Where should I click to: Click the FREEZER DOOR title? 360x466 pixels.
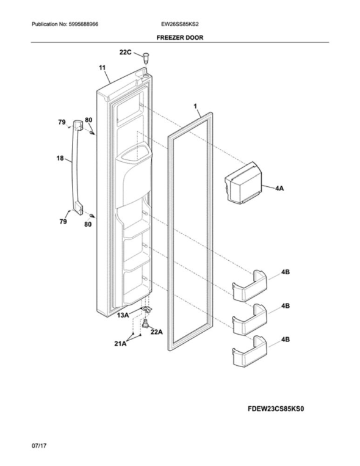point(180,37)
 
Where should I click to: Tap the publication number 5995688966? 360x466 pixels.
point(65,24)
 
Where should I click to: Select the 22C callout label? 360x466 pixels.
point(125,53)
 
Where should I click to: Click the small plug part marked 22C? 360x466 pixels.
point(146,58)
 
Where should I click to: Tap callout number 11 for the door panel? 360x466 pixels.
point(102,68)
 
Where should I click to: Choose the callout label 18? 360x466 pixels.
point(60,158)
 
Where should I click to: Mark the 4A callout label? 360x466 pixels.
point(279,189)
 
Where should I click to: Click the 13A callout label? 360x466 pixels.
point(123,315)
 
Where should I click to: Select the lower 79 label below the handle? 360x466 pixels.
point(63,222)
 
